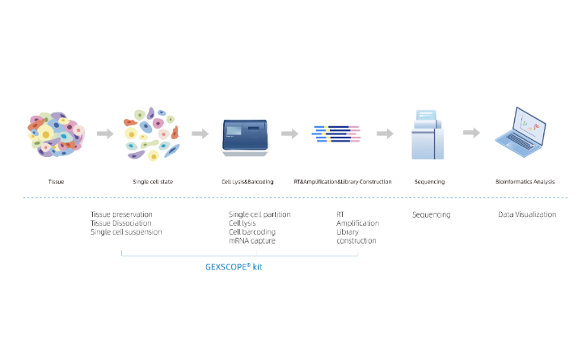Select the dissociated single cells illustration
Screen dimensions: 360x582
[x=153, y=134]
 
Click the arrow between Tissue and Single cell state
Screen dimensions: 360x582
[x=104, y=133]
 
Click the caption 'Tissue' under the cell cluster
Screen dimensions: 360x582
[x=56, y=182]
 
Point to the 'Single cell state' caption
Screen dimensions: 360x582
[x=153, y=182]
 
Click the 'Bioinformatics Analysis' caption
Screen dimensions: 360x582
[x=525, y=182]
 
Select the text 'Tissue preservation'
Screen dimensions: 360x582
[x=121, y=214]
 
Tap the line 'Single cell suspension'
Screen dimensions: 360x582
[x=126, y=232]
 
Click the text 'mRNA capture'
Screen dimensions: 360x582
[x=252, y=241]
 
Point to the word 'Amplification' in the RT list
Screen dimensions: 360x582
[x=357, y=223]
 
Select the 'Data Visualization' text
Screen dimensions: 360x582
[x=526, y=214]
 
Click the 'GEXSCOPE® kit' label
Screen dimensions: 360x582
[x=234, y=265]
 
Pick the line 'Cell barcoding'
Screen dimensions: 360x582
[x=254, y=232]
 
